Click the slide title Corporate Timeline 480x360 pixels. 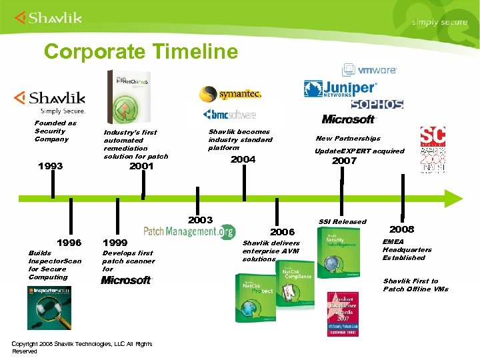(140, 51)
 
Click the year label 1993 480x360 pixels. (51, 165)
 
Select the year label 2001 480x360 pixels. (141, 166)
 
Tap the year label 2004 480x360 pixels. (243, 159)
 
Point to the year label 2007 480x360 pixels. (344, 161)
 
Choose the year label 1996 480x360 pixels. (69, 243)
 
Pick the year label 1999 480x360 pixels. (115, 243)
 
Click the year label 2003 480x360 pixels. (200, 220)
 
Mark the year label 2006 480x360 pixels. (282, 232)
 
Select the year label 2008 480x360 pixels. (401, 229)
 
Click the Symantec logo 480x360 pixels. (231, 93)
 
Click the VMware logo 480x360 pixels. (370, 70)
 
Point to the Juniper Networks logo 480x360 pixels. (340, 89)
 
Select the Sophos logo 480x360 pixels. (377, 105)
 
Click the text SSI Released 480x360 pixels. (342, 222)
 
